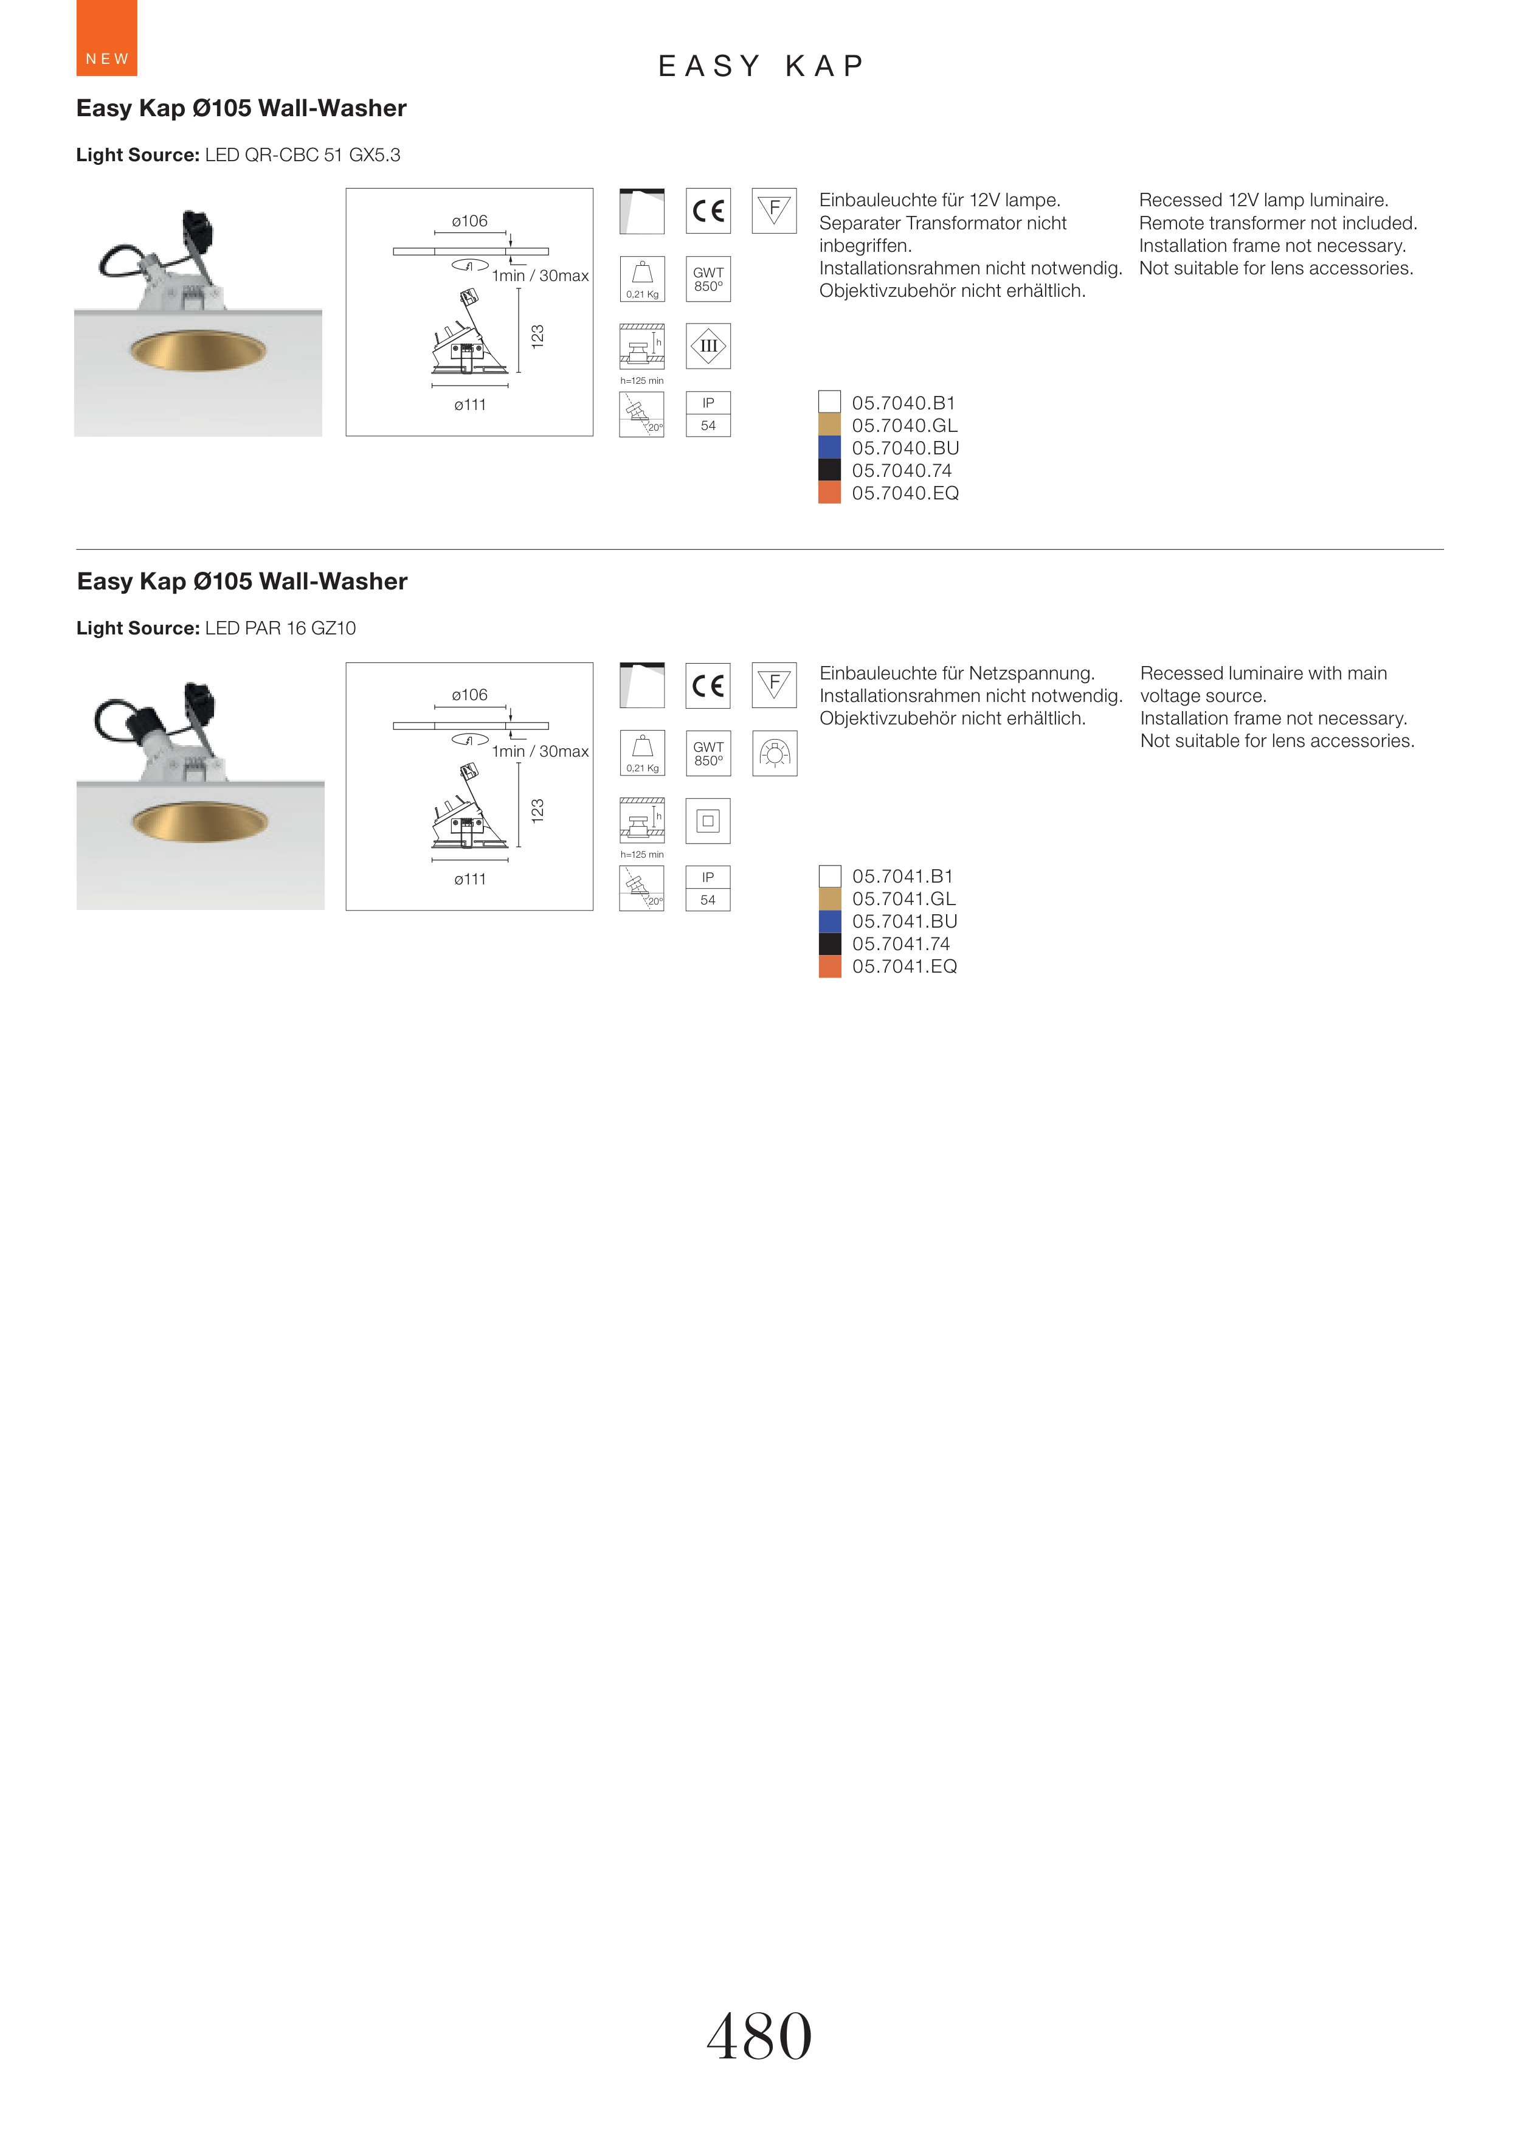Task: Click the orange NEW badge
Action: coord(106,38)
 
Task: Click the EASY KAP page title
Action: coord(761,66)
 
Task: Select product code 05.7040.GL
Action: coord(904,426)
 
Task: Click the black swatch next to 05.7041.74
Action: coord(830,943)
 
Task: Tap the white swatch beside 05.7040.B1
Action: coord(829,401)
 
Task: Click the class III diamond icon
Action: coord(708,346)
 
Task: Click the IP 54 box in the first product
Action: coord(708,414)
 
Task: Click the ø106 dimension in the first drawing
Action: coord(470,221)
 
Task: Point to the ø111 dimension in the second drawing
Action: coord(470,879)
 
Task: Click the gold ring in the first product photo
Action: coord(198,350)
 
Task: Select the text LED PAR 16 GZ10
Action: coord(281,628)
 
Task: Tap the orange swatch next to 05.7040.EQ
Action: coord(829,493)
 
